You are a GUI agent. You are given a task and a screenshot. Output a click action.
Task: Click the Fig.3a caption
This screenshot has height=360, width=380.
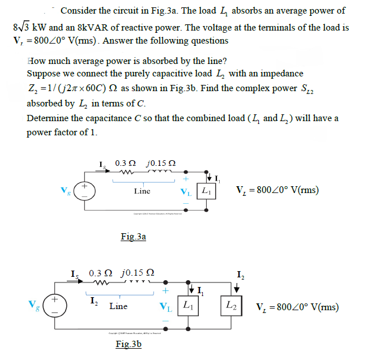(x=134, y=237)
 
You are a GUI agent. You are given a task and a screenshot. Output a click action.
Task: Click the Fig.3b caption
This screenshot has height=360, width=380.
(x=128, y=344)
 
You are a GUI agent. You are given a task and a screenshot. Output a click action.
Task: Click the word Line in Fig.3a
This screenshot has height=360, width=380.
(x=142, y=192)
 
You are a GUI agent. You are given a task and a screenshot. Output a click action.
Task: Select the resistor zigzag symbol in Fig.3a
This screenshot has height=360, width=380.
(x=124, y=173)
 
